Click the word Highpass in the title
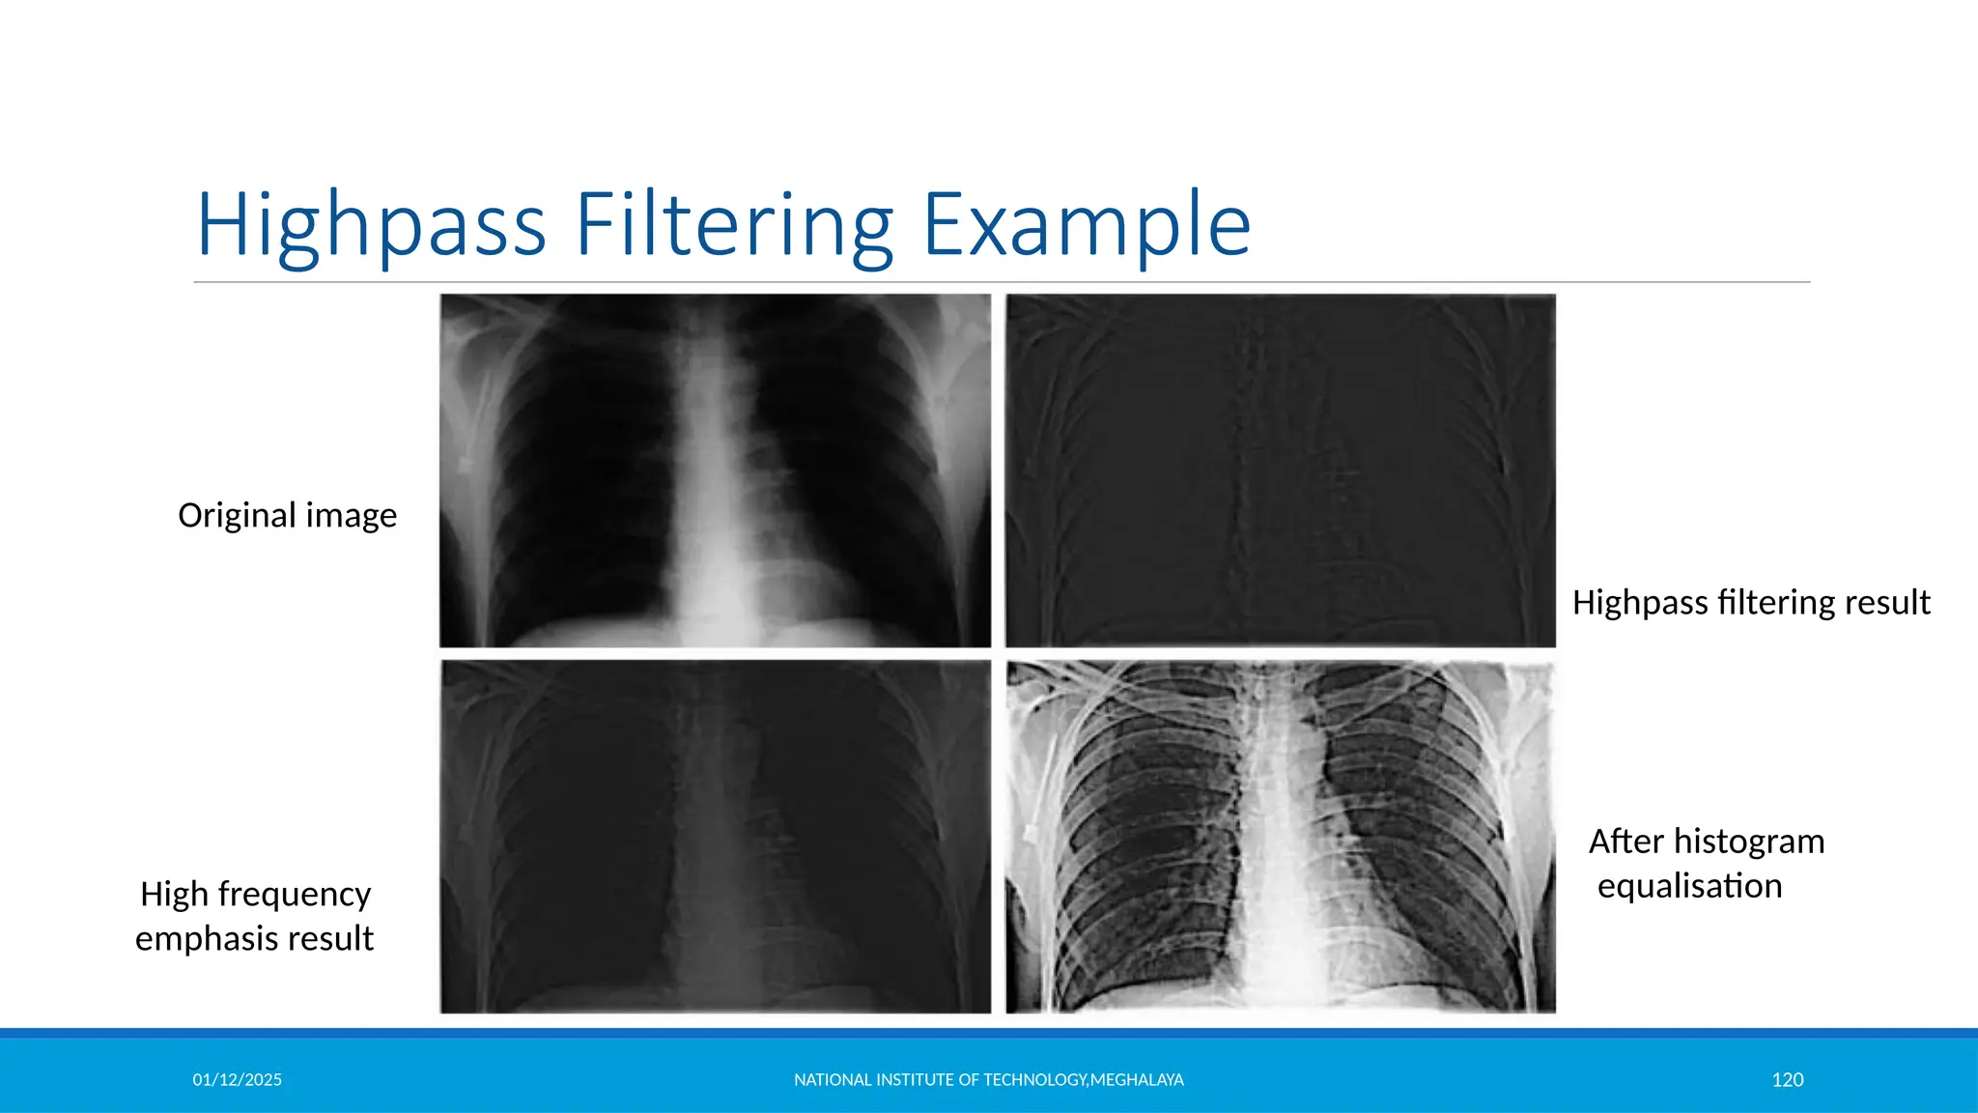point(372,226)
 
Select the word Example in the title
point(1087,226)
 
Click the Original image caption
point(287,516)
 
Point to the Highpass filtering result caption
point(1750,603)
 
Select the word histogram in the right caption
point(1749,842)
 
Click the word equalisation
point(1689,886)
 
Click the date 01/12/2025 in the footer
point(237,1080)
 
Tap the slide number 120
point(1787,1080)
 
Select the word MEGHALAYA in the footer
point(1137,1080)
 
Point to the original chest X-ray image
point(715,471)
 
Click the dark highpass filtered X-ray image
point(1280,471)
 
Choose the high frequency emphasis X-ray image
point(715,837)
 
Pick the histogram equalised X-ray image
point(1280,837)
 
